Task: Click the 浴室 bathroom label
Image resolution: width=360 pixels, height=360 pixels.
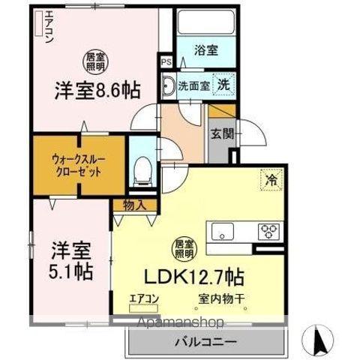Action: (x=206, y=52)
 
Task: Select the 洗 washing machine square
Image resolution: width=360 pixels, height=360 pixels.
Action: (x=223, y=83)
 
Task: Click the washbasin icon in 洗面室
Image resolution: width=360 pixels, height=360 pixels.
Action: (x=170, y=84)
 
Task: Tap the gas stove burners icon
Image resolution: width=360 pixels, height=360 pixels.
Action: (x=269, y=231)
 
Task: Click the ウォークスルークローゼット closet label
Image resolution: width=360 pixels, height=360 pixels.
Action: (x=76, y=163)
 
